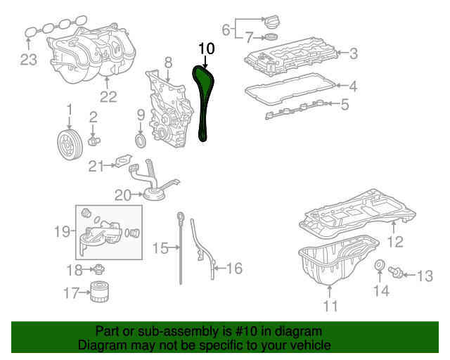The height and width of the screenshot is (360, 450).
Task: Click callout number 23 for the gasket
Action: pyautogui.click(x=28, y=60)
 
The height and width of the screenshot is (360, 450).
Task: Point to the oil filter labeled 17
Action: pyautogui.click(x=99, y=292)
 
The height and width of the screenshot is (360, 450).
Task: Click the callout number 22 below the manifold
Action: pyautogui.click(x=108, y=96)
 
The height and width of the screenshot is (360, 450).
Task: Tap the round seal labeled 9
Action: pyautogui.click(x=141, y=141)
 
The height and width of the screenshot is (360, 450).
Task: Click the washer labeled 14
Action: pyautogui.click(x=380, y=265)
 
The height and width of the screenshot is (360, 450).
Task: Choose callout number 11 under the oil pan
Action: pyautogui.click(x=330, y=306)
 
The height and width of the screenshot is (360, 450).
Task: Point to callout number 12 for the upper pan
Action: pyautogui.click(x=395, y=242)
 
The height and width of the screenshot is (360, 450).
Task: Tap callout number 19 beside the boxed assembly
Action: pyautogui.click(x=63, y=231)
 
